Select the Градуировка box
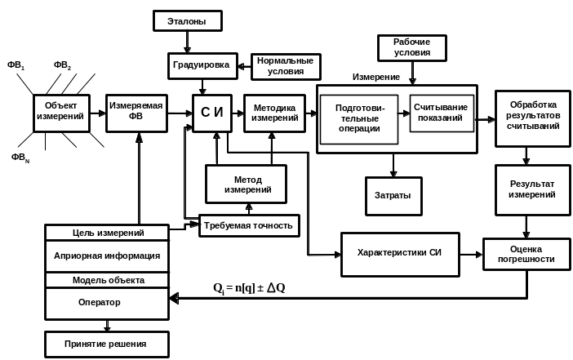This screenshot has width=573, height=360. (x=202, y=65)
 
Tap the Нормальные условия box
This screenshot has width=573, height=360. (x=284, y=67)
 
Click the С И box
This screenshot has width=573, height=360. (x=212, y=113)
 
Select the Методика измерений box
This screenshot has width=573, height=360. (x=273, y=113)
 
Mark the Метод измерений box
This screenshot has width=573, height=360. (x=246, y=184)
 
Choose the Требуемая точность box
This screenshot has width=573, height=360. (x=249, y=224)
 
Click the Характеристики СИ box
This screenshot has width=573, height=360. (x=400, y=252)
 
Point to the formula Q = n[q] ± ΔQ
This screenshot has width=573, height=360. (x=250, y=287)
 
